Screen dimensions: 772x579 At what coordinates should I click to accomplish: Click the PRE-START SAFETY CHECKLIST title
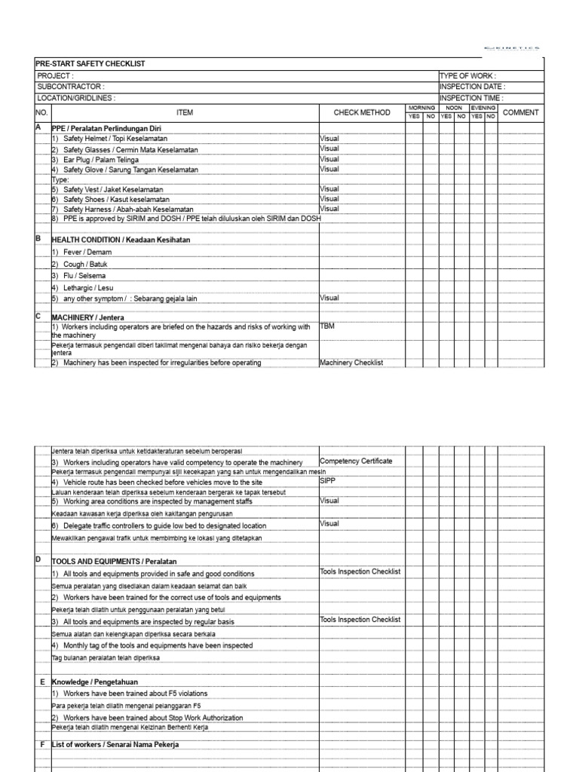[90, 64]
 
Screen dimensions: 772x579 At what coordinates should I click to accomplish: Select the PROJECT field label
[55, 76]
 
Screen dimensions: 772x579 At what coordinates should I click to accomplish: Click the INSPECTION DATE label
[473, 87]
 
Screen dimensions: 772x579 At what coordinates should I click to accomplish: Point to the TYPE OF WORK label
[468, 76]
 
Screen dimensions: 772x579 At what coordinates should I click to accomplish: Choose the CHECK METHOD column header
[362, 113]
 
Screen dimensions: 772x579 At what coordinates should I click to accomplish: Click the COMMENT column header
[520, 113]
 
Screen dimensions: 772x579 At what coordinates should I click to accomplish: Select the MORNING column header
[421, 109]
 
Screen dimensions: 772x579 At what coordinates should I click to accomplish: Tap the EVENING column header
[483, 109]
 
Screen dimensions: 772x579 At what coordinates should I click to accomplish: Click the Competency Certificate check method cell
[356, 461]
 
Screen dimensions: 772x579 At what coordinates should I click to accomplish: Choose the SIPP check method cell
[327, 480]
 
